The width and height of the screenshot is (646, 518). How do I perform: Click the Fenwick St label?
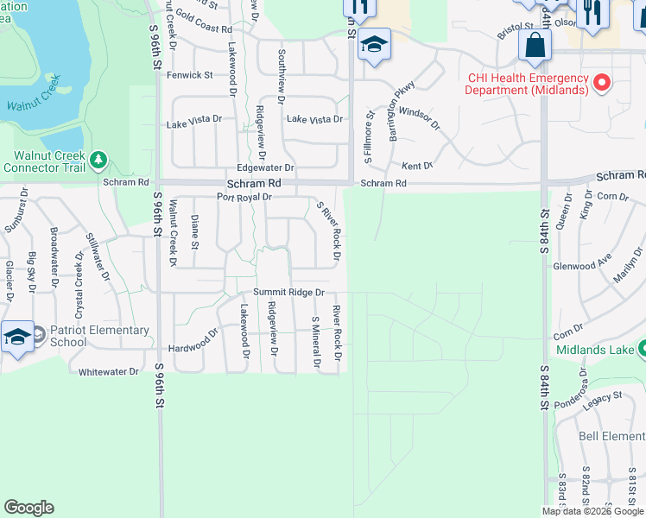click(190, 75)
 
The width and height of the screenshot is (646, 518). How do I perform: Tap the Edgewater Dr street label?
click(266, 168)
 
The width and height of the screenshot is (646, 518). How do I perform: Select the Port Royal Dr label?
click(244, 197)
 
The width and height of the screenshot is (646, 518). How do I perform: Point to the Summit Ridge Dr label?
click(288, 293)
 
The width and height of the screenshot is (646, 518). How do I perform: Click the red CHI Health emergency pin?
click(602, 84)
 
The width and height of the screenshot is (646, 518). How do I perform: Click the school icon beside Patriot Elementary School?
click(16, 337)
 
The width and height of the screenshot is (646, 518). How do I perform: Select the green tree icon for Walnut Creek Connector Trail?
click(98, 160)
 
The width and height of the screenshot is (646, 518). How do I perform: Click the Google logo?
click(28, 508)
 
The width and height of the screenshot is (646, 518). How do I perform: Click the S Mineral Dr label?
click(316, 343)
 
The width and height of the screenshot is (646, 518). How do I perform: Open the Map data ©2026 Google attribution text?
click(592, 511)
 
